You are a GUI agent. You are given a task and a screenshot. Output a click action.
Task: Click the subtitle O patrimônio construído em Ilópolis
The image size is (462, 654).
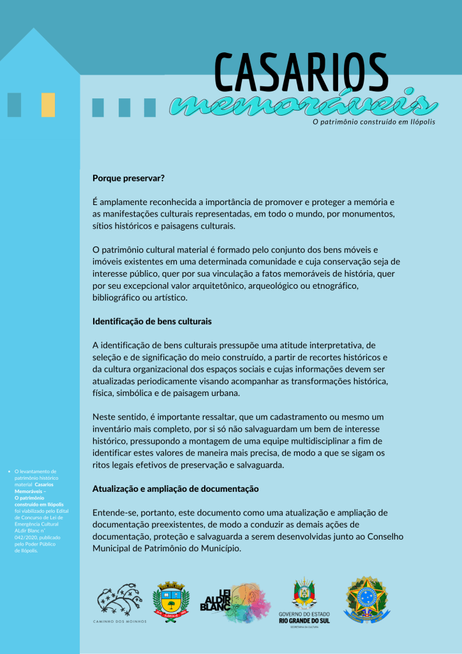click(x=373, y=122)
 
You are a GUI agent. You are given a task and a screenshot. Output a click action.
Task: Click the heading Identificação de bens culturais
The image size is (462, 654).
click(x=152, y=321)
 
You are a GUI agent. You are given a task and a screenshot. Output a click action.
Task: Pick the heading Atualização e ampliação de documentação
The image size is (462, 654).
click(x=175, y=489)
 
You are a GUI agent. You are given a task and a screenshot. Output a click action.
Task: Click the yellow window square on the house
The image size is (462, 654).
click(x=48, y=105)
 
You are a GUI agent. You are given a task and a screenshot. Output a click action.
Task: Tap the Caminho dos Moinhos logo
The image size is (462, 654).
click(x=119, y=603)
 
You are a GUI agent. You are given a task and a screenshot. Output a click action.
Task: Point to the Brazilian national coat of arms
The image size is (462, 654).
click(x=366, y=600)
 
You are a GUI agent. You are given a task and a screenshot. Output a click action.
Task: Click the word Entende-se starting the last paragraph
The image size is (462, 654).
click(x=115, y=512)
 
